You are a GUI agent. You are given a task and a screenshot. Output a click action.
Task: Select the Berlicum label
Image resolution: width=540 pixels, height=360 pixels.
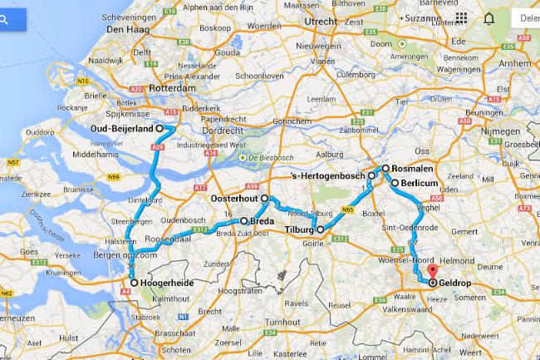[x=420, y=182]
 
